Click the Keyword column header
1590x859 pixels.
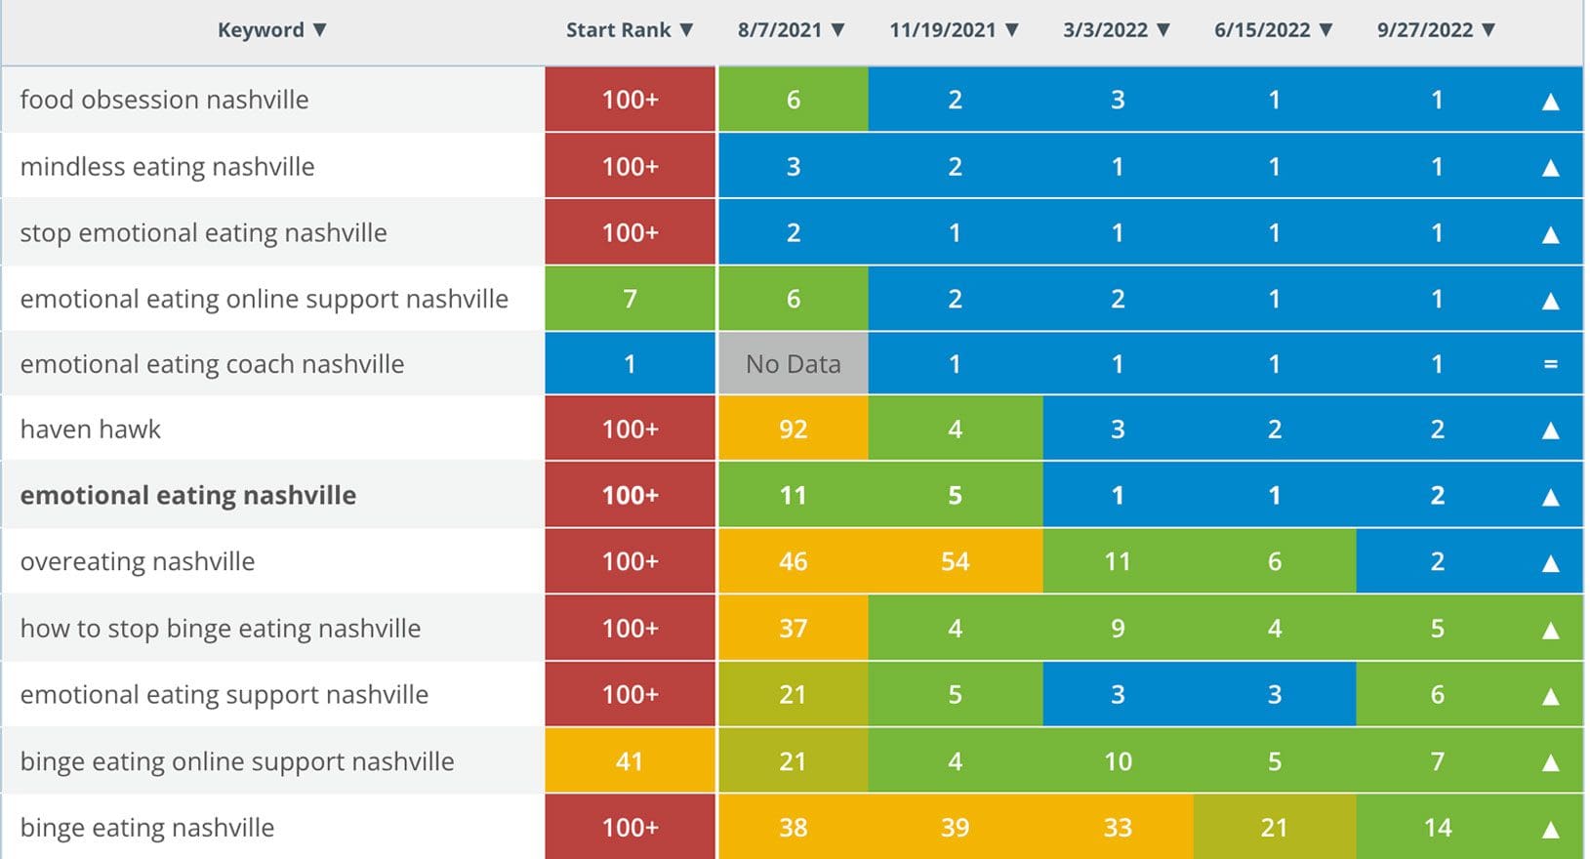point(261,30)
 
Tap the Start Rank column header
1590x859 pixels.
point(619,30)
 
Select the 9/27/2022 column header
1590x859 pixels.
point(1425,30)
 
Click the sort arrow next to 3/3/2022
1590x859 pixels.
point(1163,30)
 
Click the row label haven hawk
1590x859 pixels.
point(91,429)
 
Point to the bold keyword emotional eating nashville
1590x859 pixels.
point(188,496)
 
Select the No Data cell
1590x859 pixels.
point(793,364)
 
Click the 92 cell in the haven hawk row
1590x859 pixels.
point(793,429)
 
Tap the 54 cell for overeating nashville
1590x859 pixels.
point(955,561)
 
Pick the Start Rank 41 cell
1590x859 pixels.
point(630,761)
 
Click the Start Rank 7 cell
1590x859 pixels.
point(630,299)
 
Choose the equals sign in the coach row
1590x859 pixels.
point(1550,364)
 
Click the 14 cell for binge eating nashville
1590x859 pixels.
point(1437,828)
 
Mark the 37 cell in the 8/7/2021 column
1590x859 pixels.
point(793,629)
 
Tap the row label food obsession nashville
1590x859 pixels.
point(164,100)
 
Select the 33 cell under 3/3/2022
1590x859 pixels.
point(1118,828)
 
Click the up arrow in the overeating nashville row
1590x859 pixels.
point(1550,563)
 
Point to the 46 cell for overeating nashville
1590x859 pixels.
point(793,561)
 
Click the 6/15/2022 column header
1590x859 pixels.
point(1262,30)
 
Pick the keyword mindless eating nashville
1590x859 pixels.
point(167,167)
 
